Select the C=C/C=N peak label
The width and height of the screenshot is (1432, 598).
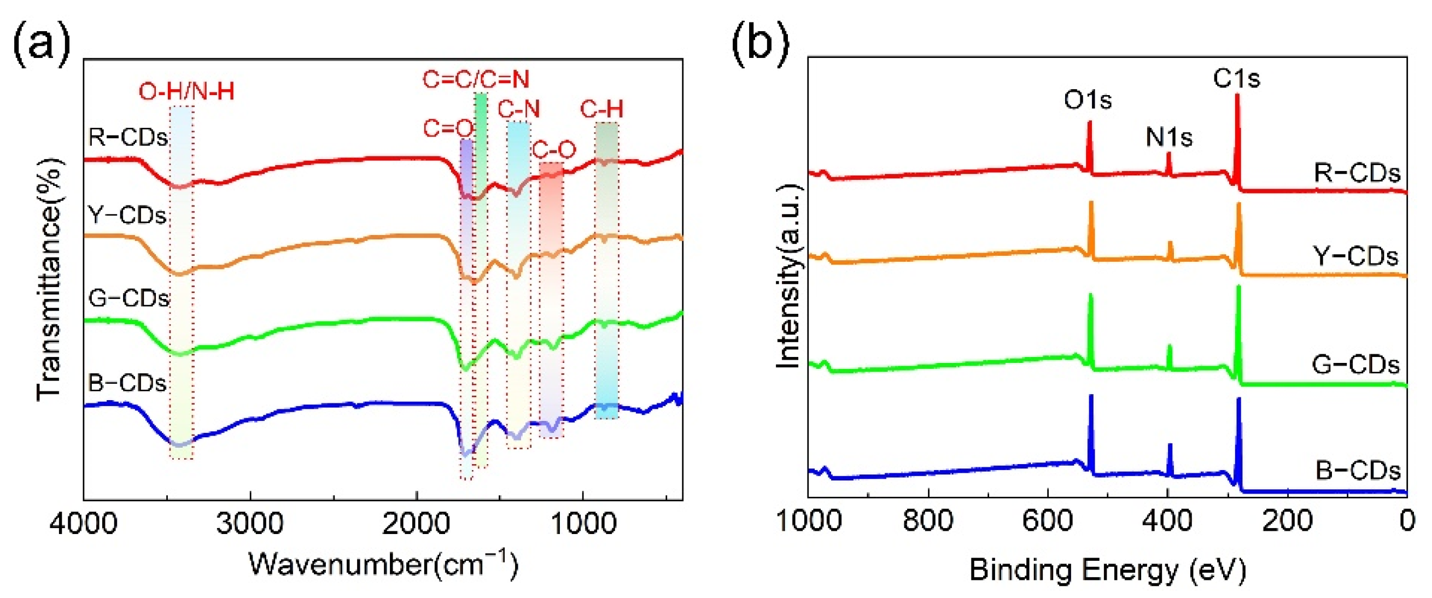(x=476, y=79)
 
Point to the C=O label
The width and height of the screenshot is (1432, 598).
(x=447, y=128)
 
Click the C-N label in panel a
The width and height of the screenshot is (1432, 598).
(x=519, y=109)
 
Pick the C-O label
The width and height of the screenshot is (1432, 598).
(x=554, y=150)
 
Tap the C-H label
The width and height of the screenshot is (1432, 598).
(x=601, y=109)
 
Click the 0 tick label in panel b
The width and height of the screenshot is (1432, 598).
(x=1407, y=521)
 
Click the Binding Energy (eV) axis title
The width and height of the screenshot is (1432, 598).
(x=1107, y=570)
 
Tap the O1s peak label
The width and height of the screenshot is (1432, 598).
(x=1088, y=100)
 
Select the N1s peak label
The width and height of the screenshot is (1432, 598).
(x=1168, y=137)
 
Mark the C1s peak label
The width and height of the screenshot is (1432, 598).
(x=1236, y=78)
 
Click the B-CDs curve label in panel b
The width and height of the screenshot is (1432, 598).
(x=1358, y=471)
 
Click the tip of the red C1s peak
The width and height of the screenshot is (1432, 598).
(x=1237, y=95)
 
